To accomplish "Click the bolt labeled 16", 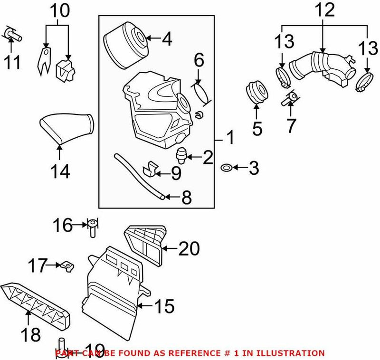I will point(93,229).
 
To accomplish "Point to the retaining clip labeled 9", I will point(150,169).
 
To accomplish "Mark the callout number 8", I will point(186,197).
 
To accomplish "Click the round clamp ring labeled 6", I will point(202,92).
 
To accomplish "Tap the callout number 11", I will point(12,62).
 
